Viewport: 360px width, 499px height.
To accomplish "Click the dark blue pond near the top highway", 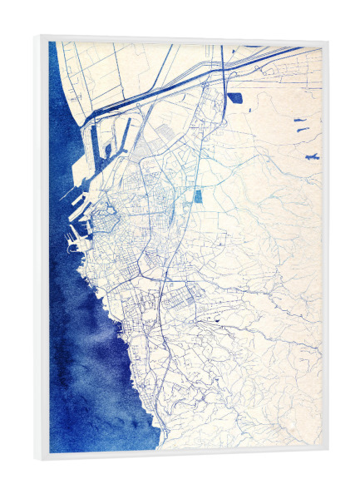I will (234, 98).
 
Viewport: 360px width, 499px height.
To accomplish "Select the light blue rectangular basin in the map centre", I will (198, 197).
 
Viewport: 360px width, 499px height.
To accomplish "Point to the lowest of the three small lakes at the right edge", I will (312, 156).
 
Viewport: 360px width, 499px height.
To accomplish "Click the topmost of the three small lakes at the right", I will (300, 121).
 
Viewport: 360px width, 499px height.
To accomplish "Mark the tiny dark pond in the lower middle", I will (218, 320).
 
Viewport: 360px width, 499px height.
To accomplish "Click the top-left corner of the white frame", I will (38, 37).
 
